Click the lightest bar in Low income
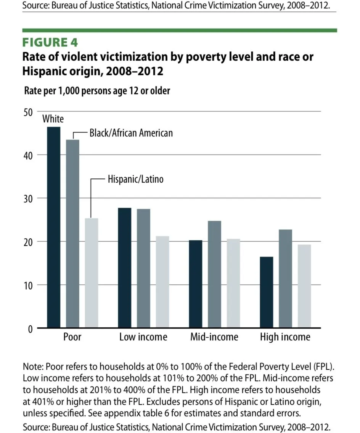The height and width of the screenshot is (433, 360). [162, 282]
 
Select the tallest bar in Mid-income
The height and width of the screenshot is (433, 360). [215, 274]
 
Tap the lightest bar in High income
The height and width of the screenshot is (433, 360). [304, 286]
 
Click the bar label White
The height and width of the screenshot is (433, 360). [53, 119]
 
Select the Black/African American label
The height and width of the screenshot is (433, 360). [131, 133]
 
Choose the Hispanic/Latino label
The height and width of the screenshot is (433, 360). [135, 179]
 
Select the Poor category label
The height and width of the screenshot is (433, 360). [72, 337]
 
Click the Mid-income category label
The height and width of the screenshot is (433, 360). [214, 337]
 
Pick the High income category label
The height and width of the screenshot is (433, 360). [285, 337]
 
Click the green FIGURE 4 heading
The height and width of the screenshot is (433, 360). [50, 42]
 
